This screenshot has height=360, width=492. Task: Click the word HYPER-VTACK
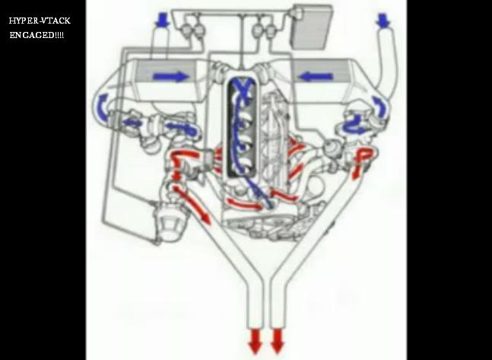(x=40, y=21)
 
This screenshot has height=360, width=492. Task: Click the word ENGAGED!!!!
(x=37, y=35)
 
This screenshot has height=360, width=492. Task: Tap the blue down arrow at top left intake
(x=163, y=20)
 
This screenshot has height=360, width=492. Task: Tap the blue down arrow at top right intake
(x=382, y=20)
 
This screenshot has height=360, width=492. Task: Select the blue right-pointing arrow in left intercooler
(x=171, y=77)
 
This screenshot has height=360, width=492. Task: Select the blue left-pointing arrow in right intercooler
(x=316, y=76)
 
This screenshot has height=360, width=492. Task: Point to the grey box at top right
(x=313, y=27)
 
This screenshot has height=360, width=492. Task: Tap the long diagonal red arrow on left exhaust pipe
(x=192, y=205)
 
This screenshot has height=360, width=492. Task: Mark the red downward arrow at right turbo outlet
(x=360, y=164)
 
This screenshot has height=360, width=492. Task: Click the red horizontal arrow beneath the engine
(x=244, y=204)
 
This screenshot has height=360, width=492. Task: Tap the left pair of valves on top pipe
(x=192, y=29)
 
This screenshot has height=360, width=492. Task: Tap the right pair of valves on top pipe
(x=264, y=29)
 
